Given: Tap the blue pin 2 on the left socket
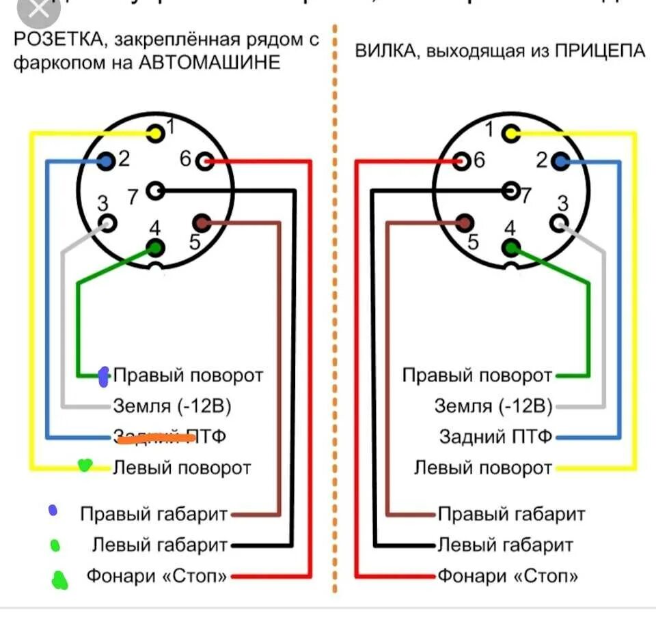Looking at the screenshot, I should coord(105,162).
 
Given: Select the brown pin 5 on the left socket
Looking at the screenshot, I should coord(202,223).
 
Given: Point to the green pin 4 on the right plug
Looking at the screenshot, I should coord(511,248).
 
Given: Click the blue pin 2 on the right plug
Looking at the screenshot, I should coord(561,162).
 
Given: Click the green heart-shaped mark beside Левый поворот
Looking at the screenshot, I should coord(84,465).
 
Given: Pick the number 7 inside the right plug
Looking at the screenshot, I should coord(526,195).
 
